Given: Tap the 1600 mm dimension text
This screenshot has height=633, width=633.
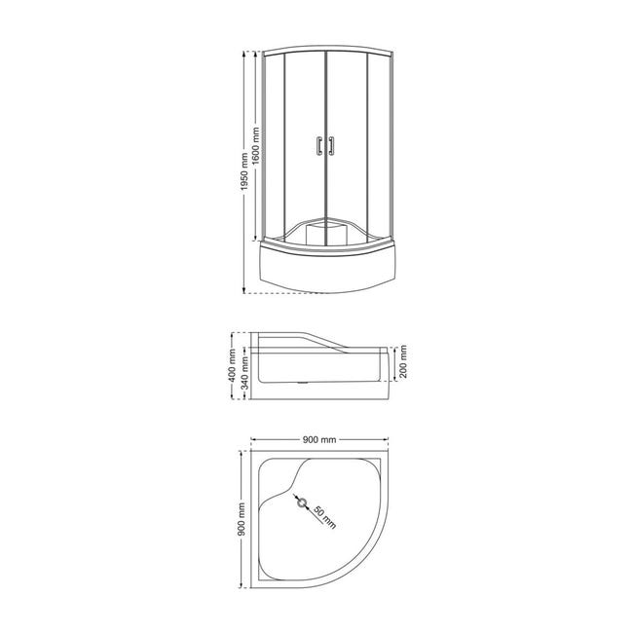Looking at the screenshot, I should (x=256, y=146).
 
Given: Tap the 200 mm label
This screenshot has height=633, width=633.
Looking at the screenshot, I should (x=402, y=361).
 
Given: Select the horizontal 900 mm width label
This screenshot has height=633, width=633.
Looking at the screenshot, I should (x=319, y=440).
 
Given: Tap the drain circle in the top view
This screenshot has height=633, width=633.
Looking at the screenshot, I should (x=302, y=504).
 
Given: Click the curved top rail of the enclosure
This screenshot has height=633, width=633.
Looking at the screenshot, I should (x=324, y=49).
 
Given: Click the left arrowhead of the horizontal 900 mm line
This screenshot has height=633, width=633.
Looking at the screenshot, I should (x=252, y=441).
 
